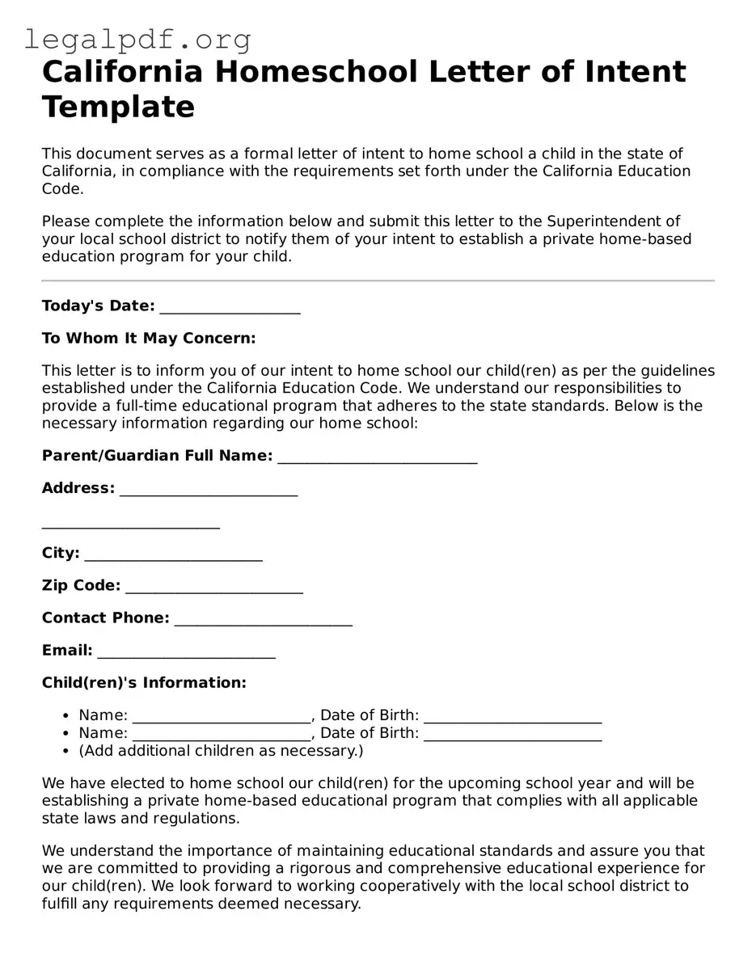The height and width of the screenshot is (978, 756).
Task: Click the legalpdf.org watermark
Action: (x=137, y=39)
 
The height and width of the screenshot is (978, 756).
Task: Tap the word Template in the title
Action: (x=118, y=107)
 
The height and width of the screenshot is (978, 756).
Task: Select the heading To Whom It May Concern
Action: (x=149, y=338)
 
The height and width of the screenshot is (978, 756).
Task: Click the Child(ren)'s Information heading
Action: (x=144, y=683)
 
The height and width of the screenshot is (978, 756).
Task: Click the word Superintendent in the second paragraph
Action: (x=613, y=221)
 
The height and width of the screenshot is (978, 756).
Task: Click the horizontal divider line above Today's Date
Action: (x=378, y=280)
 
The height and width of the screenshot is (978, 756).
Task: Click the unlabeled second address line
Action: (x=131, y=526)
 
